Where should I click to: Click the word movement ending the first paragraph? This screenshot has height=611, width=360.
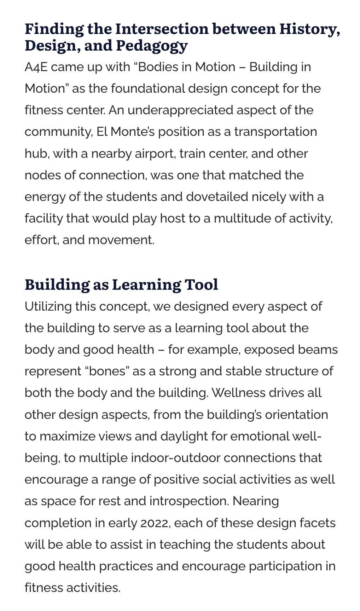pyautogui.click(x=121, y=240)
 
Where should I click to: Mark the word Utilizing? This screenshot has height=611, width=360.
pyautogui.click(x=48, y=306)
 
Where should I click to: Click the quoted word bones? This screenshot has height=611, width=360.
pyautogui.click(x=107, y=371)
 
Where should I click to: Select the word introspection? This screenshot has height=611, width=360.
pyautogui.click(x=188, y=501)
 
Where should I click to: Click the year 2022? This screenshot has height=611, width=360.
pyautogui.click(x=155, y=523)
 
